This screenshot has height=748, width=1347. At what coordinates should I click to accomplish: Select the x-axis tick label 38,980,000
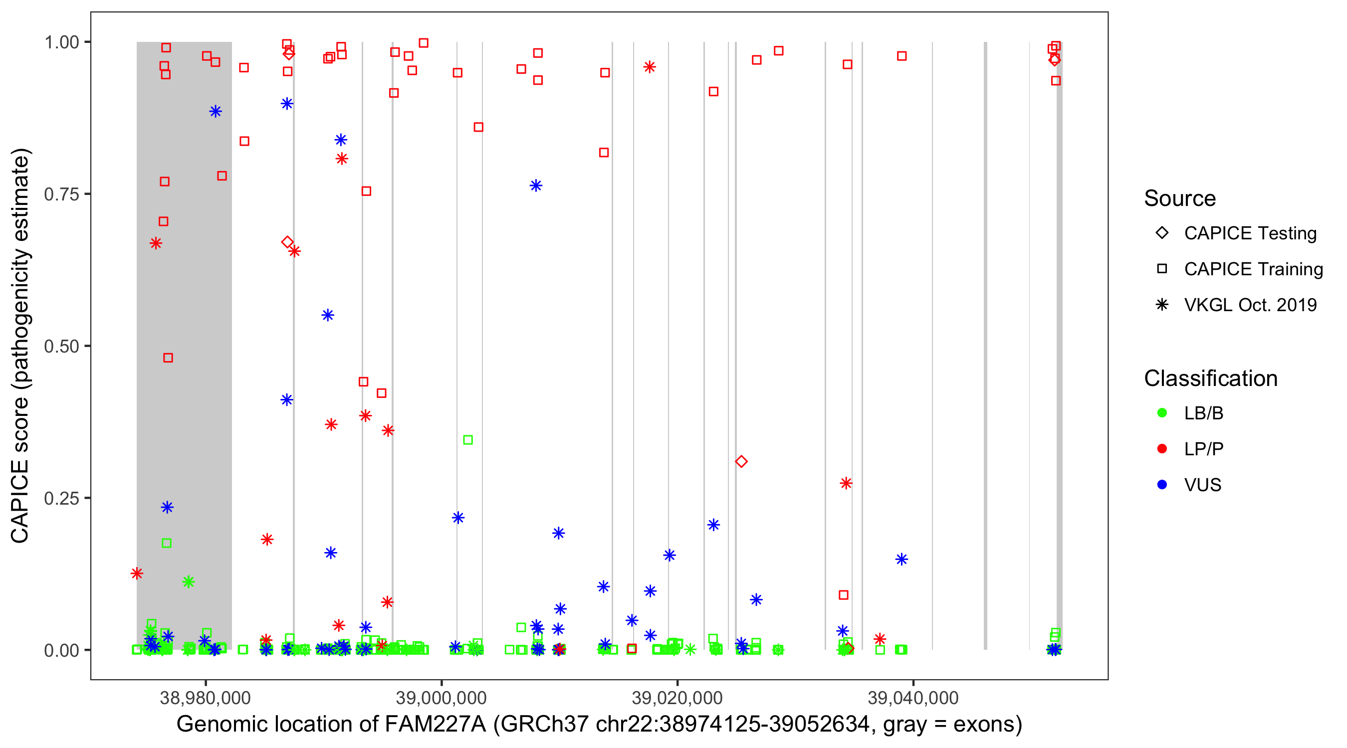point(205,698)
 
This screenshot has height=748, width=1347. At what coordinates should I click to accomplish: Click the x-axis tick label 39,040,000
point(912,698)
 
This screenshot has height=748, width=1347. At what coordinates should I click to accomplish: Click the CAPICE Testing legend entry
point(1250,233)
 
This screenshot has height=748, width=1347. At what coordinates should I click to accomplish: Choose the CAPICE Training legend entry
point(1253,269)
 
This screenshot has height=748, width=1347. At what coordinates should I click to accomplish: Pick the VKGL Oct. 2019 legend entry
point(1250,305)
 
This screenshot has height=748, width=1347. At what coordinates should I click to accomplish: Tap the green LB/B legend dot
point(1162,413)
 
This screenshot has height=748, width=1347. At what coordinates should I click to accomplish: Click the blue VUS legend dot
point(1162,485)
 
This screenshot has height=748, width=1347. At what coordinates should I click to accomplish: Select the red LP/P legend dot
point(1162,449)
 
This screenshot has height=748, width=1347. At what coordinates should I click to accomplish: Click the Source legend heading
point(1180,198)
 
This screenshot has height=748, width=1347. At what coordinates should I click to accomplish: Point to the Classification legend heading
point(1210,378)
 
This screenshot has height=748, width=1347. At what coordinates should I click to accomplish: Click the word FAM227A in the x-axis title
point(435,725)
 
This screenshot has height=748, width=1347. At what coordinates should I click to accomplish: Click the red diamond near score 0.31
point(741,462)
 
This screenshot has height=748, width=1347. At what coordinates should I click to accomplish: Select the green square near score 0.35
point(468,440)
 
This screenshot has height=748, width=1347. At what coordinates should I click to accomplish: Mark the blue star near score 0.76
point(536,186)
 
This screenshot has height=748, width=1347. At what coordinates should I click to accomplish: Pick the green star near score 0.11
point(189,582)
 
